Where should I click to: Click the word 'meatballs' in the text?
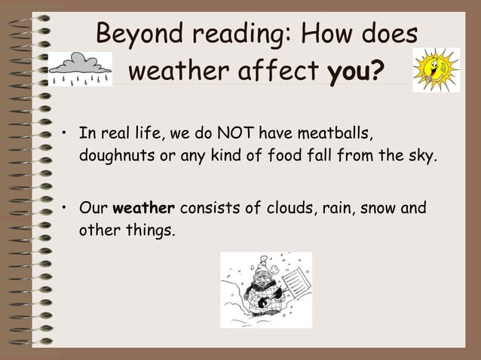[x=337, y=135]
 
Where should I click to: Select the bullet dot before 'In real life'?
[x=66, y=136]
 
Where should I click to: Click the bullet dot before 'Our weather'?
[x=66, y=209]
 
